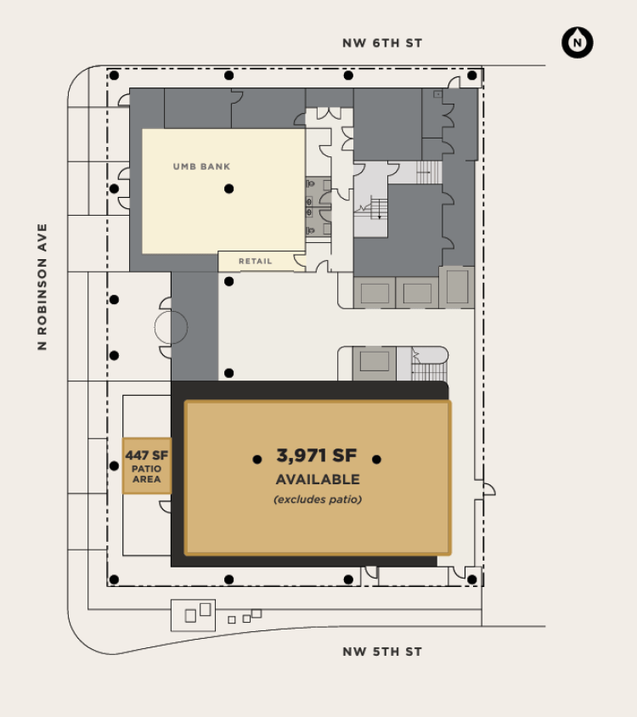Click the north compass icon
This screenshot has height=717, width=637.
click(577, 42)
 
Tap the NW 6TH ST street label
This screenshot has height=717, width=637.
click(382, 43)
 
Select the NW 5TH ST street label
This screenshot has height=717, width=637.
click(382, 652)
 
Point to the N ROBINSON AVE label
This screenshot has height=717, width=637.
click(42, 286)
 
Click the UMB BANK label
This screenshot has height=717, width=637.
click(201, 167)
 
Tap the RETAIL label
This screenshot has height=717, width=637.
click(255, 261)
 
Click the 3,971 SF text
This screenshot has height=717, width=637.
click(317, 455)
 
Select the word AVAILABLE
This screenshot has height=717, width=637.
click(318, 479)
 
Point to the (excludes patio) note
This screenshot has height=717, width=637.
click(318, 500)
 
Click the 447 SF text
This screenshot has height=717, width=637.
click(147, 455)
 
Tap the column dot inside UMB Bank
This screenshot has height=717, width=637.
click(229, 189)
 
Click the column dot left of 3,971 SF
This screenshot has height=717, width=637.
click(257, 460)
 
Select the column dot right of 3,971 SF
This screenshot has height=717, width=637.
click(376, 460)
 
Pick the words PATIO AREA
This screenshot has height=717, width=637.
click(146, 474)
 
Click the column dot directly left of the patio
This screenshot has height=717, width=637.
click(115, 466)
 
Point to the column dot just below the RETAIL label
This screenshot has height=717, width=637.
click(229, 281)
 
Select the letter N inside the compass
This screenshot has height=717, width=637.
click(577, 43)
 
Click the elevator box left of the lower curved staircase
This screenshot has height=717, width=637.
click(375, 363)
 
